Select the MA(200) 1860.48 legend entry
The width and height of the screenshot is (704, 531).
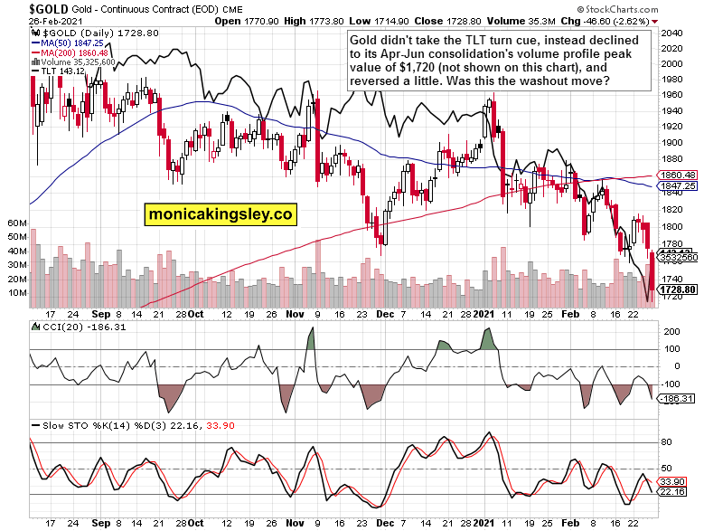[72, 52]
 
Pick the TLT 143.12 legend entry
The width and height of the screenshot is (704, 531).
[61, 73]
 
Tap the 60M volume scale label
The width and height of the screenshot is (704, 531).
[16, 222]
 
